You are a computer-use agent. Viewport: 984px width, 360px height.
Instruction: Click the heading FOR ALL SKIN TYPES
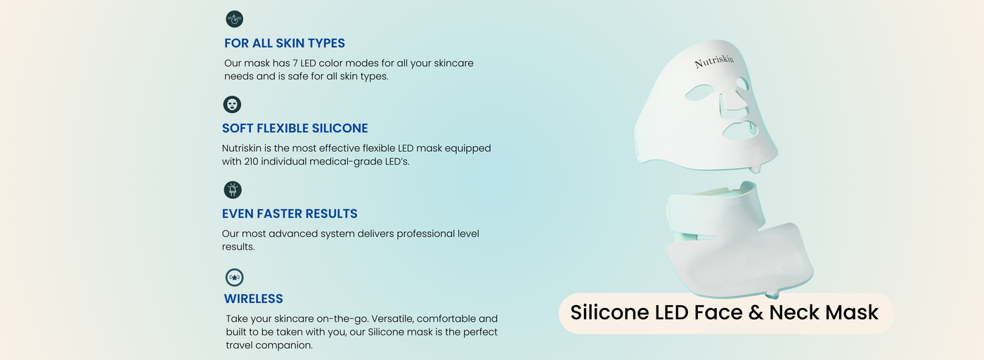tap(285, 43)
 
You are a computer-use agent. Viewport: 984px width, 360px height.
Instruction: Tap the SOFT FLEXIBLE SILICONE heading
tap(294, 129)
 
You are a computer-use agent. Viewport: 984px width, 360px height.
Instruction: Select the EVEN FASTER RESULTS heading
tap(290, 214)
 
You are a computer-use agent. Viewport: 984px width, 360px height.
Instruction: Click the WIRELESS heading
tap(254, 299)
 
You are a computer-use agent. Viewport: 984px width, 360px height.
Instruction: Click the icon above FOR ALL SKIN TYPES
tap(235, 20)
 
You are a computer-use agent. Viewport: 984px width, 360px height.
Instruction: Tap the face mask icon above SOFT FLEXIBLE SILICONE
tap(232, 105)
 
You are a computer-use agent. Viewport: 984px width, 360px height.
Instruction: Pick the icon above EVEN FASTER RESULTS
tap(233, 190)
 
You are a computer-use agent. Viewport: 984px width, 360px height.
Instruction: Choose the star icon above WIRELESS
tap(235, 277)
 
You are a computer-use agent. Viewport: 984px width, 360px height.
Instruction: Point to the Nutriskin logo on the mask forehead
tap(714, 61)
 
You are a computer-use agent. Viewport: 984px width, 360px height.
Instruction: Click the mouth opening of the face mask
tap(741, 131)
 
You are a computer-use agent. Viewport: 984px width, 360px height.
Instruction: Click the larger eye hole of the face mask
tap(699, 92)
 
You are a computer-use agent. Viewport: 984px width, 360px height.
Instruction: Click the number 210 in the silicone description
tap(251, 162)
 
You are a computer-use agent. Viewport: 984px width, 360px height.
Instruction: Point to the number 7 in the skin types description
tap(295, 63)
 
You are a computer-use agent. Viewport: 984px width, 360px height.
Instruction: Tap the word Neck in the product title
tap(794, 312)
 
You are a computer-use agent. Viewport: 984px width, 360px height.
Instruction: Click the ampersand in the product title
tap(756, 312)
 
